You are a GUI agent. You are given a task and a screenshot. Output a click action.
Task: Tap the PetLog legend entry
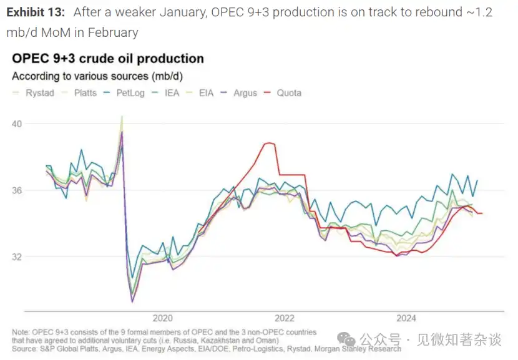[133, 93]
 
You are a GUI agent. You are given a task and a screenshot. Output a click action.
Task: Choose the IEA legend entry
[172, 93]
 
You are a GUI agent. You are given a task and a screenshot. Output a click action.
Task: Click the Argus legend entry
[245, 93]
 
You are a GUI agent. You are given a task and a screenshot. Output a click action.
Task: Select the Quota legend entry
[288, 93]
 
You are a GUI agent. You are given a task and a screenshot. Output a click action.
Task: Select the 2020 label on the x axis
[162, 318]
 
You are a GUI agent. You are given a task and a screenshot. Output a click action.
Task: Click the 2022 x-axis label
[285, 318]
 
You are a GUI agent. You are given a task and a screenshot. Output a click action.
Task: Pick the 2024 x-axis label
[406, 318]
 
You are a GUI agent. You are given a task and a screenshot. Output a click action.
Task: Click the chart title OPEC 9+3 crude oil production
[108, 59]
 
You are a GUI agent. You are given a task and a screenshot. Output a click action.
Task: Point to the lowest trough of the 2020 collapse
[132, 302]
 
